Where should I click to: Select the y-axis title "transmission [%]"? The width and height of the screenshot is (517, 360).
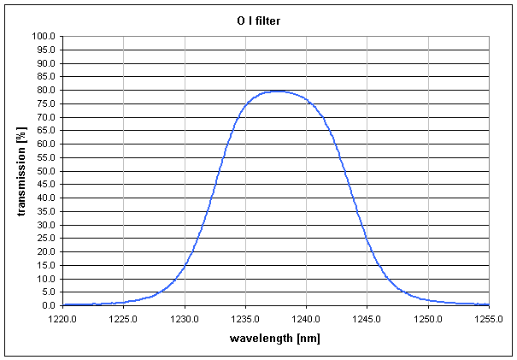(x=21, y=170)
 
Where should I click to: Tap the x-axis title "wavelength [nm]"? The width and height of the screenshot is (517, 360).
(x=275, y=338)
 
